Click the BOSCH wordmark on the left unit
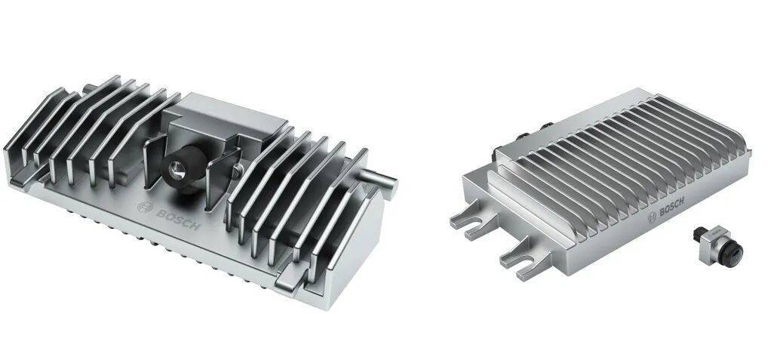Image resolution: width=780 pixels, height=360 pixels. tap(177, 219)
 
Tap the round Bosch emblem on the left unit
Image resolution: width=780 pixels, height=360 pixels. tap(144, 208)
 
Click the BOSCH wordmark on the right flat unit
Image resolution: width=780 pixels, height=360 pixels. tap(671, 206)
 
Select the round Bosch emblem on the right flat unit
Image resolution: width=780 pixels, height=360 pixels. tap(653, 217)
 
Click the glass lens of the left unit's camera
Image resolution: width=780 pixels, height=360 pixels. tap(174, 170)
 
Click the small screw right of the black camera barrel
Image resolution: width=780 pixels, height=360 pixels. tap(237, 171)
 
